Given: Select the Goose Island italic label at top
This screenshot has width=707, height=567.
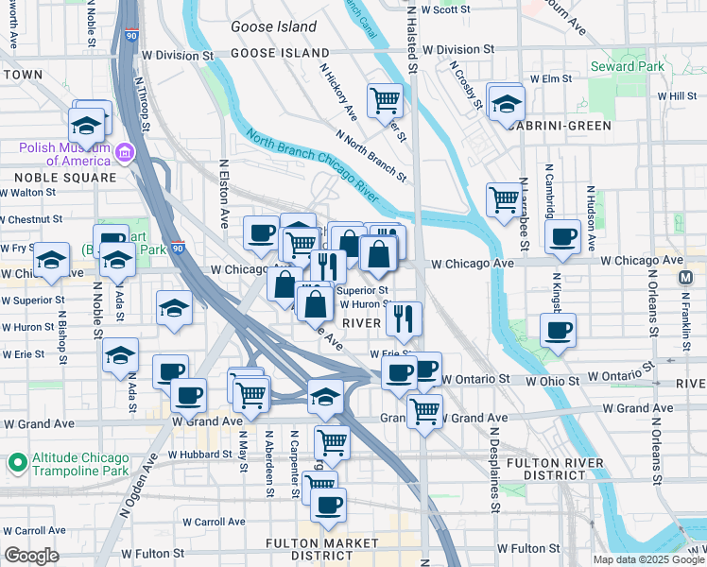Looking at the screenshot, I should [x=274, y=27].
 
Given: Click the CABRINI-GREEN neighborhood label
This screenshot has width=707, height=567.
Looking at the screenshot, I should [x=557, y=125].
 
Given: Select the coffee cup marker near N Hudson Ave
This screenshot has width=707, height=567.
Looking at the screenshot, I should [x=563, y=236].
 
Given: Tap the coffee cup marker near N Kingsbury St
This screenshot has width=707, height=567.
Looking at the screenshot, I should [x=558, y=330].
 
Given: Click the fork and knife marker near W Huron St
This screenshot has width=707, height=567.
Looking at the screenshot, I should [x=404, y=319].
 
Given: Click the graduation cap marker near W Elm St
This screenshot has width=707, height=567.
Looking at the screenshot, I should [x=507, y=104].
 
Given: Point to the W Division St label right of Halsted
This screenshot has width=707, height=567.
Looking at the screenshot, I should [x=458, y=48].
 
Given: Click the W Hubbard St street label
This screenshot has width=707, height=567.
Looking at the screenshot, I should [x=200, y=455].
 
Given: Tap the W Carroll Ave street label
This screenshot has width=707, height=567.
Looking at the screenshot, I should [x=214, y=522].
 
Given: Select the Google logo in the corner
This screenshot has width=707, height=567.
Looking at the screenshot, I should [x=31, y=556].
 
